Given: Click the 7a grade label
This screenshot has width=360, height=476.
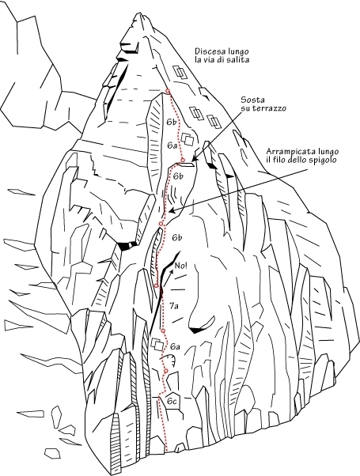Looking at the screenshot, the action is tap(174, 306).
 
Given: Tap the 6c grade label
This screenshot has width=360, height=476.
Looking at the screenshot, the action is tap(172, 402).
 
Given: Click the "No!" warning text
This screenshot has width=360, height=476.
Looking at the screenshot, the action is tap(181, 266).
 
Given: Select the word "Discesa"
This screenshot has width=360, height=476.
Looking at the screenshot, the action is tap(207, 51).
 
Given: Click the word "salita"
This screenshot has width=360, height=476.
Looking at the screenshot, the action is tap(240, 59).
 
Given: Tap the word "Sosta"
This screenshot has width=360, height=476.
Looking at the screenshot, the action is tap(248, 100).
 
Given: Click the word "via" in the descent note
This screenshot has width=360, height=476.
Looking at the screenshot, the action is tap(212, 59).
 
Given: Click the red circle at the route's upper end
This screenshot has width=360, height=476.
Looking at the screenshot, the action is tap(168, 91).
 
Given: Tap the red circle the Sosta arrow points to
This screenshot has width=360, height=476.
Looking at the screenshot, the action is tap(183, 160).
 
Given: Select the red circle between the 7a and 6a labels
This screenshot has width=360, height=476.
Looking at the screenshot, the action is tap(163, 331).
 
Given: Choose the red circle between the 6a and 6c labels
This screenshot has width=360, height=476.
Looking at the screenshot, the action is tap(166, 371).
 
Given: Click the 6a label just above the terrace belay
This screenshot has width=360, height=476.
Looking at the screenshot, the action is tap(172, 145).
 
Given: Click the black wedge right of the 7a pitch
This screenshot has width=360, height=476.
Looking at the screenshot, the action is tap(196, 331).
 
